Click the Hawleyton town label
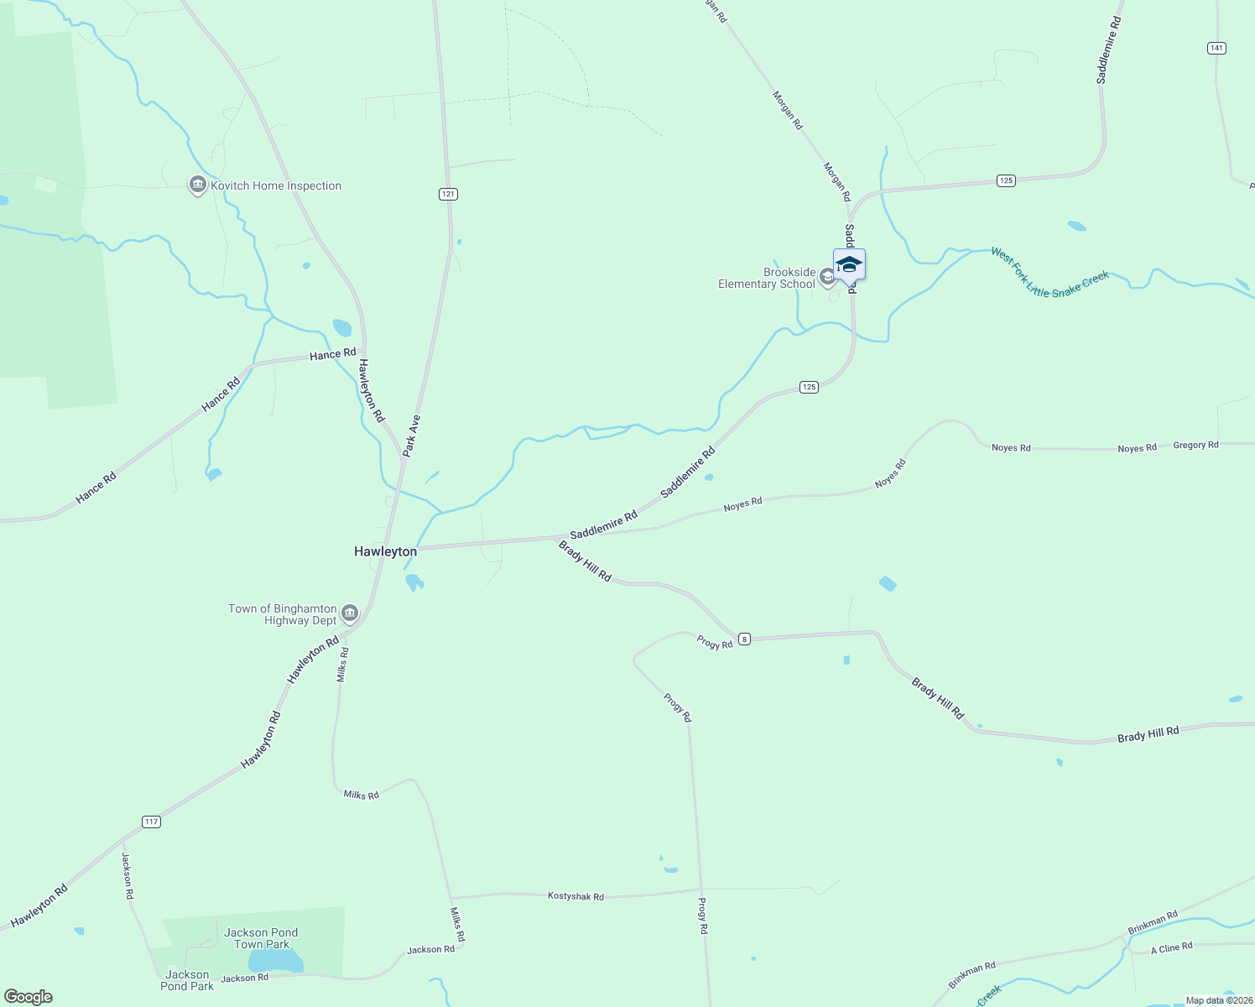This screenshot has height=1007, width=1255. coord(385,551)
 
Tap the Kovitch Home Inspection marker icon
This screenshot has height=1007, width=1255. coord(197,185)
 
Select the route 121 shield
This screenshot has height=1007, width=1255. coord(448,194)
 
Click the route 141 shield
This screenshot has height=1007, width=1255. coord(1216,48)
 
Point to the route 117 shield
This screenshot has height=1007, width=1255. coord(151,822)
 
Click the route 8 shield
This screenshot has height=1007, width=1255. coord(744,639)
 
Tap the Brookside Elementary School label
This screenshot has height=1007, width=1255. coord(767,279)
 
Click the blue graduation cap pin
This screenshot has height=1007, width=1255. coord(849,264)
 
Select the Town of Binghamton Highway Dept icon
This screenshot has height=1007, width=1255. coord(350,613)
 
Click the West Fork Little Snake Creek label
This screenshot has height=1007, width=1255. coord(1050,273)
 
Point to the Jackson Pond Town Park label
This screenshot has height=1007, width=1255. coord(261,938)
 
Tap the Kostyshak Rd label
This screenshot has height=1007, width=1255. coord(575,896)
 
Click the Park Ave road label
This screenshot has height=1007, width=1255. coord(411,436)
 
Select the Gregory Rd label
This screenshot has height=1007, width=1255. coord(1195,445)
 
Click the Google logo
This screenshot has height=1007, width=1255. coord(29,997)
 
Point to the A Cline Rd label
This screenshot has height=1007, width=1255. coord(1171,948)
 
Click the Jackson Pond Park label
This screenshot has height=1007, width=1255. coord(187,980)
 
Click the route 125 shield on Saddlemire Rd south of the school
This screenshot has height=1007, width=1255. coord(808,387)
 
